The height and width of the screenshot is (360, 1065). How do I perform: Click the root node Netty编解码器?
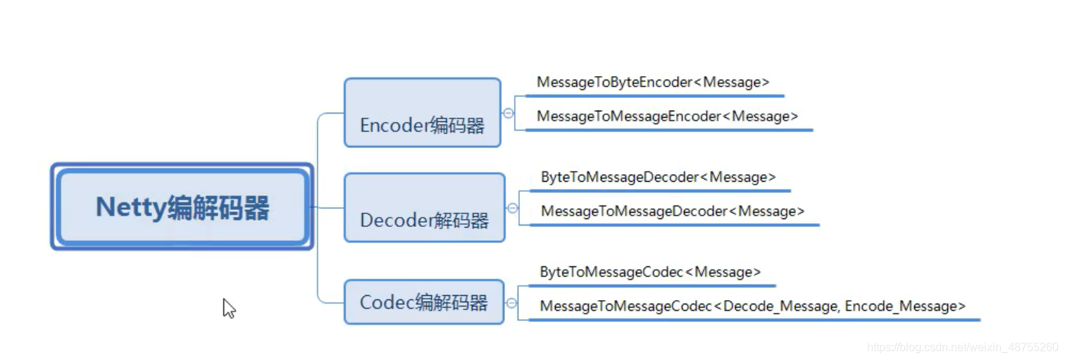tap(182, 208)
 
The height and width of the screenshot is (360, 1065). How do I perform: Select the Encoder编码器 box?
tap(422, 113)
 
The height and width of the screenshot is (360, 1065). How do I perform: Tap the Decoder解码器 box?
tap(424, 208)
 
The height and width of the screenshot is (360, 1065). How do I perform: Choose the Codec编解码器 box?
tap(423, 302)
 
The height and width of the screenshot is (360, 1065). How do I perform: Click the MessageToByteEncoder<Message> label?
tap(653, 82)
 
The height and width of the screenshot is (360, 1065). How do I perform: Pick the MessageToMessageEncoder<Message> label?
tap(667, 116)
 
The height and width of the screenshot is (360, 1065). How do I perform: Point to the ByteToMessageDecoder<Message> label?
tap(658, 178)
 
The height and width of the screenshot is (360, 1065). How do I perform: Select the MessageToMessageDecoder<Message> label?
tap(672, 211)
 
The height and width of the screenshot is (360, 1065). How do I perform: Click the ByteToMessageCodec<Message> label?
tap(650, 272)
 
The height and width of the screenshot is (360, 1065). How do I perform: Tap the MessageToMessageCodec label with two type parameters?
tap(752, 306)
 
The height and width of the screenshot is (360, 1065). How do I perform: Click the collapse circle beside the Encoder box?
tap(509, 113)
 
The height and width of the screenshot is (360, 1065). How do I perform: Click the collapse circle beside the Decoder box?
tap(513, 208)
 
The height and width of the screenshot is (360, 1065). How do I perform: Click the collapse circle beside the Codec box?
tap(511, 303)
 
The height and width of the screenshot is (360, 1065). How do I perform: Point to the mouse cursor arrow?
tap(228, 307)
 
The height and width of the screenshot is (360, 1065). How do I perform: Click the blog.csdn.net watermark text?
tap(962, 347)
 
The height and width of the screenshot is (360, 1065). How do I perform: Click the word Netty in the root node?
tap(130, 208)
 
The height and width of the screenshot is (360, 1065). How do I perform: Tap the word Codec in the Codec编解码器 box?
tap(386, 302)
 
